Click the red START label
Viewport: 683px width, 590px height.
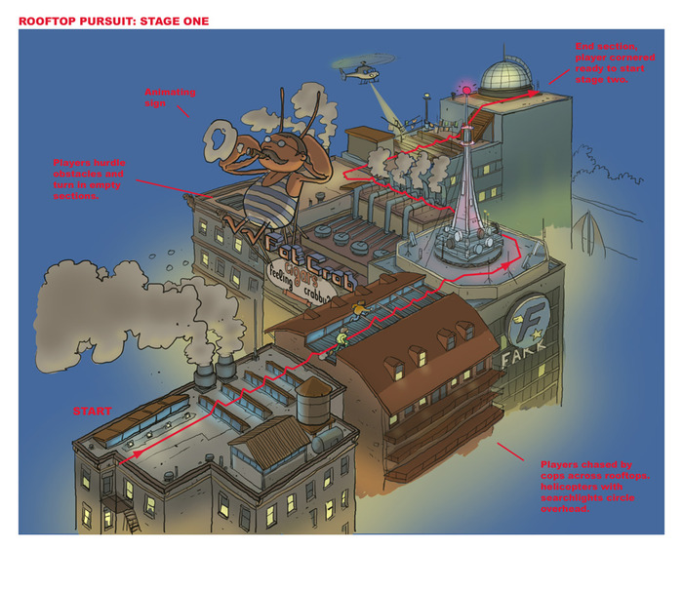tap(93, 411)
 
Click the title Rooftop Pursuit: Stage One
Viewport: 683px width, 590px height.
tap(113, 20)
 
